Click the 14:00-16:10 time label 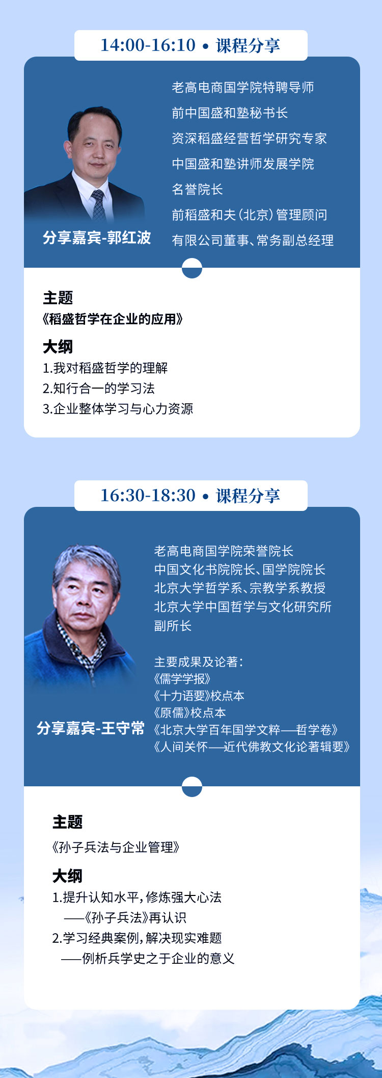[x=148, y=45]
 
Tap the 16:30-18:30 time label [x=148, y=495]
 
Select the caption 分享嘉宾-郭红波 [x=97, y=238]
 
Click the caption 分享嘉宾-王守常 [x=91, y=728]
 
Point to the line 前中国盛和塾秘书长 [x=230, y=113]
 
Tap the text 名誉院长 [x=197, y=189]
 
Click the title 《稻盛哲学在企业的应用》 [x=113, y=319]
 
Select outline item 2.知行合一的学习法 [x=99, y=389]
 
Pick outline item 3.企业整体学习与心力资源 [x=118, y=409]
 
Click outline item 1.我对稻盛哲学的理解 [x=105, y=368]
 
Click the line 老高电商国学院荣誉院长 [x=224, y=551]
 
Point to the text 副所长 [x=173, y=626]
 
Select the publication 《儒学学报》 [x=182, y=679]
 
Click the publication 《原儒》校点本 [x=189, y=712]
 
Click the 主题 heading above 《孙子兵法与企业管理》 [x=67, y=822]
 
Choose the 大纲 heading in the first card [x=58, y=347]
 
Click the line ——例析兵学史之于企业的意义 [x=148, y=959]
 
